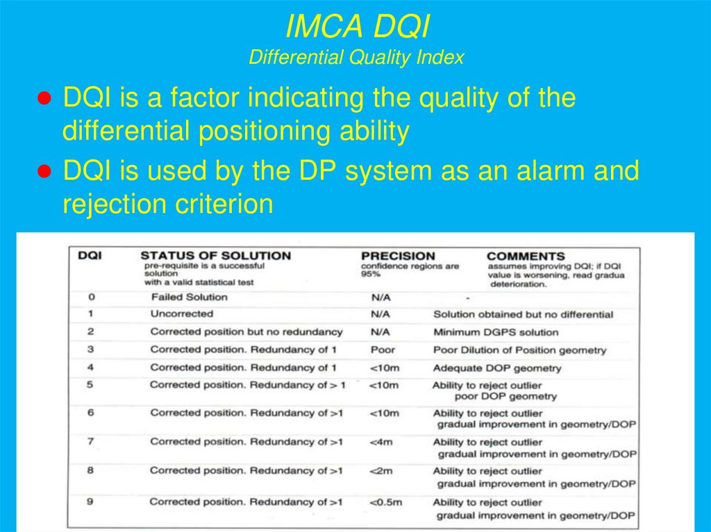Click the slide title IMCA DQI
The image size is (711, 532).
pos(357,28)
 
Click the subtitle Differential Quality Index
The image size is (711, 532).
pos(356,58)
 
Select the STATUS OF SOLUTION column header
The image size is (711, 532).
pos(215,256)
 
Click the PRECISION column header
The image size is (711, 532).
pos(398,256)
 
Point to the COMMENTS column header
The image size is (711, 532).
pos(526,256)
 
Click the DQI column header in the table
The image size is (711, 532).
pos(90,255)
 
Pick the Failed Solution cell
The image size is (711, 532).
pos(189,297)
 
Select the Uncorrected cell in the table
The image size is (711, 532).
pos(181,314)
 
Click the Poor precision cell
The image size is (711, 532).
pos(383,350)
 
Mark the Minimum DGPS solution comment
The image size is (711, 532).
pos(496,332)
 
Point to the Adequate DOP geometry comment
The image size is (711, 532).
pos(497,368)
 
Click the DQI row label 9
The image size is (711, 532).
pos(90,501)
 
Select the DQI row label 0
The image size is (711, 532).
pos(91,297)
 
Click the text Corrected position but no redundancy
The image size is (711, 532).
pos(246,332)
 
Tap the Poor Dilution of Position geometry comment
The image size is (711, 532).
pos(519,350)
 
